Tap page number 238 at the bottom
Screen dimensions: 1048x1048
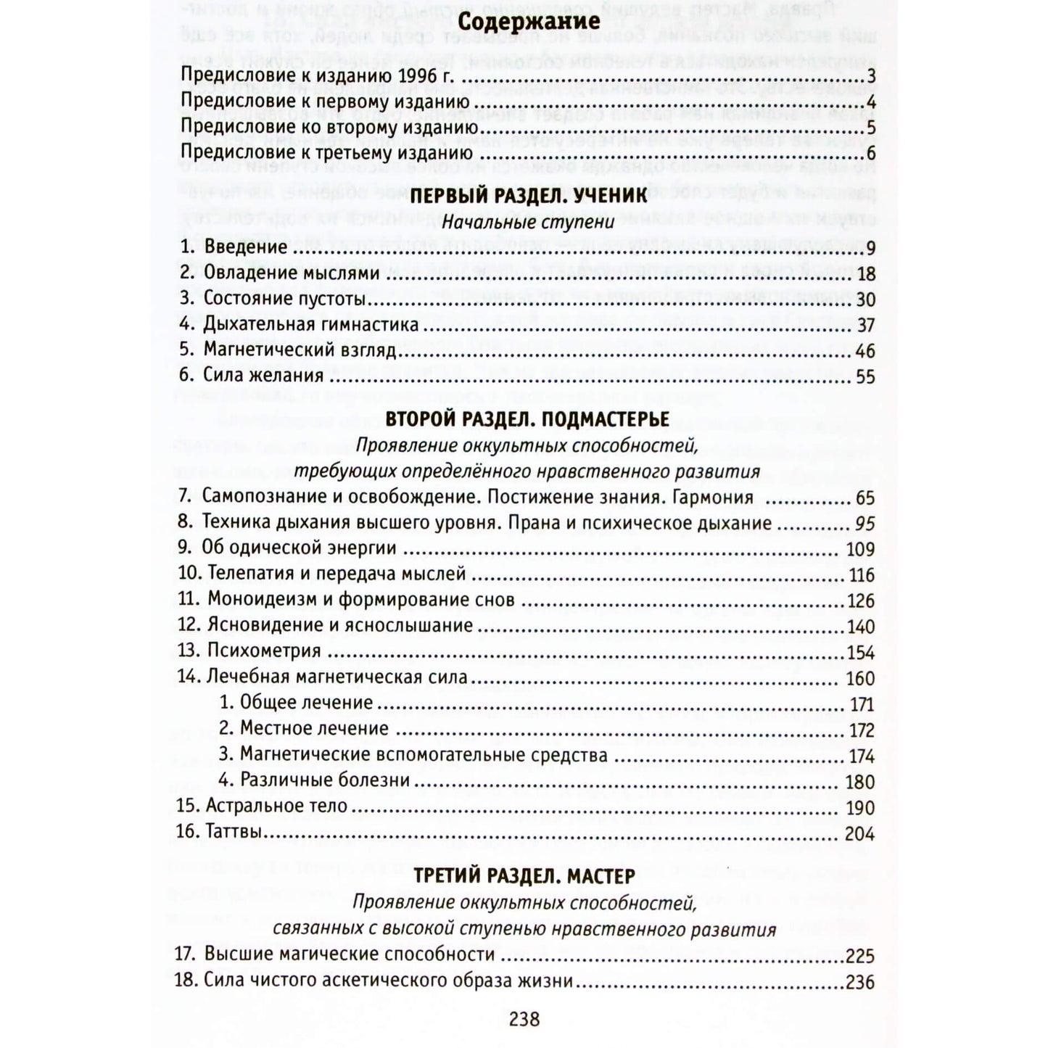524,1019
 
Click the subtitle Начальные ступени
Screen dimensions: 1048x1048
527,222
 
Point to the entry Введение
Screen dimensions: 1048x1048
245,247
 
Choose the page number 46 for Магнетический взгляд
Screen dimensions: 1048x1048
865,351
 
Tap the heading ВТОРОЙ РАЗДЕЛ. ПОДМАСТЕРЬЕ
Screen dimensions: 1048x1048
527,419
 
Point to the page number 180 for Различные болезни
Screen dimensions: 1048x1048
861,782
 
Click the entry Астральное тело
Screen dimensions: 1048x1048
276,806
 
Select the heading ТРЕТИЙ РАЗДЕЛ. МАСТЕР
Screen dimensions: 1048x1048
524,876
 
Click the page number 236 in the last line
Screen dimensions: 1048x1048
860,982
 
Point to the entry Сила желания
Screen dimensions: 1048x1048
263,376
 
